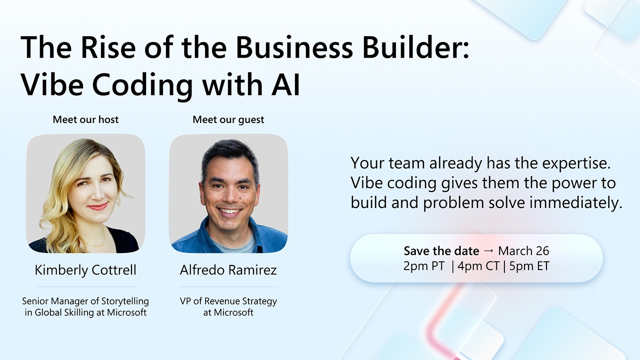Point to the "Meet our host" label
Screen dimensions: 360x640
(x=86, y=119)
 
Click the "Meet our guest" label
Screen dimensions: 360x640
(x=228, y=119)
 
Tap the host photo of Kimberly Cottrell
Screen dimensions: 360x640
(x=85, y=193)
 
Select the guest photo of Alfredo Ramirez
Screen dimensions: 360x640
(x=228, y=193)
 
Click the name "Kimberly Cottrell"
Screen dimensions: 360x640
(x=85, y=270)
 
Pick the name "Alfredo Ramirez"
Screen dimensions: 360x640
(x=228, y=270)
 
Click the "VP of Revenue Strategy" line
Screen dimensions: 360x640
(x=228, y=301)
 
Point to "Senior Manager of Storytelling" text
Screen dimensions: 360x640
(x=85, y=301)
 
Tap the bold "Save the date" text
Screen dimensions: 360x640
(x=441, y=251)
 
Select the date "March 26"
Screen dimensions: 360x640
(x=523, y=251)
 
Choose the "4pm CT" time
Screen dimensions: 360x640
(x=478, y=266)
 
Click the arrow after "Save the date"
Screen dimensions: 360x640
(x=488, y=251)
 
